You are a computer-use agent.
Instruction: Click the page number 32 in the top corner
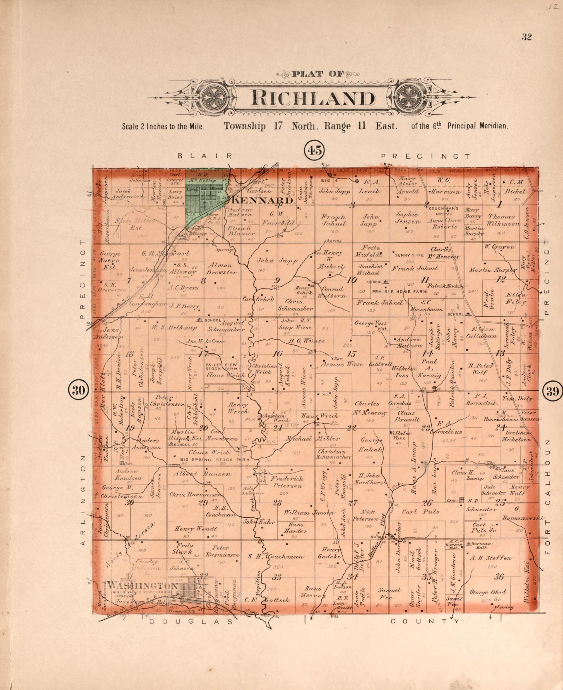526,37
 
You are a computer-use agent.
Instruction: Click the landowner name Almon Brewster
222,269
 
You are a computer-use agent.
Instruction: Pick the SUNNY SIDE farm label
409,255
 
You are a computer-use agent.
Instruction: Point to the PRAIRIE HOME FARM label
399,291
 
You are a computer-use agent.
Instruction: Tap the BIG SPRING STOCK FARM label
215,460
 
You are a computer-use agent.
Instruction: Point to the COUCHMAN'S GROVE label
443,211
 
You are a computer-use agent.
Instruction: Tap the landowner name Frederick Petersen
287,482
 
